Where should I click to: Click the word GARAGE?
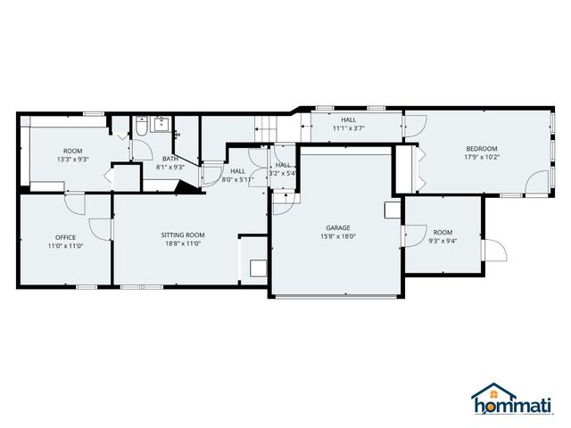coord(337,227)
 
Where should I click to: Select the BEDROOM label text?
coord(481,148)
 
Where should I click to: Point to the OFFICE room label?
coord(65,237)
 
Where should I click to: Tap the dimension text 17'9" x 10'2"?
coord(481,158)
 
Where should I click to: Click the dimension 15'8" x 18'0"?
coord(337,236)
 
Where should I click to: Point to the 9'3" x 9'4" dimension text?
coord(443,241)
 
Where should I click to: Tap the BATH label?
coord(170,159)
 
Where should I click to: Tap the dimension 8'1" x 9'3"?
coord(170,167)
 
